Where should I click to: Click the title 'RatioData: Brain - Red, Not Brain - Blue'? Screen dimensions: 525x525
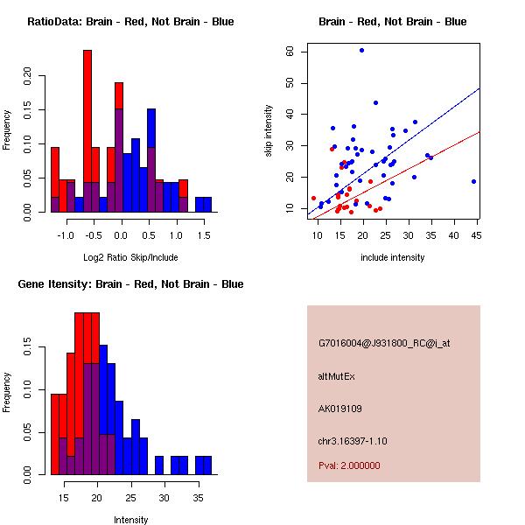coord(130,22)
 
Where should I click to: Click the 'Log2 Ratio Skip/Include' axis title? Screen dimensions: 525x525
coord(131,257)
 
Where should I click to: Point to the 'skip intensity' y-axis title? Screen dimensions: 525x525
coord(269,130)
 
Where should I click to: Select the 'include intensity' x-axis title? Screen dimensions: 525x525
coord(393,257)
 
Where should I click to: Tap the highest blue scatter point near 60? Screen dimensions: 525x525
coord(361,50)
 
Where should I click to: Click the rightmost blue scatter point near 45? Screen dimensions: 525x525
coord(473,181)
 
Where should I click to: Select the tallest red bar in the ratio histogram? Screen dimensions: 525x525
coord(87,131)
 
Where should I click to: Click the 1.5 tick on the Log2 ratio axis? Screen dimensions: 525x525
coord(203,234)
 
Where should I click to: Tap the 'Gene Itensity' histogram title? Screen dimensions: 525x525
coord(130,284)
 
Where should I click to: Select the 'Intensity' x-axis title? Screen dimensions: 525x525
coord(131,520)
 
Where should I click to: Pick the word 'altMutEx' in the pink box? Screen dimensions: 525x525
coord(337,376)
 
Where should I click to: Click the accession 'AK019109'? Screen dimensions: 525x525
coord(340,408)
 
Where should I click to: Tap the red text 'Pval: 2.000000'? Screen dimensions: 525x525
coord(349,465)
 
